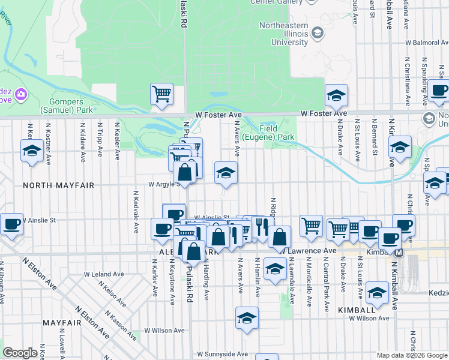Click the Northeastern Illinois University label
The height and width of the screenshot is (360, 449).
coord(284,34)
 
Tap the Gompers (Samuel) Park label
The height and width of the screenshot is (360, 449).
coord(67,106)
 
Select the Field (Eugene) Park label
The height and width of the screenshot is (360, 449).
coord(277,133)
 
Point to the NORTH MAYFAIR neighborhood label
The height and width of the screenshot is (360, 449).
coord(59,185)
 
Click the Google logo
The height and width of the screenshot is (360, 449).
coord(20,353)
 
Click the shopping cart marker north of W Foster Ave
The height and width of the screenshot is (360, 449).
coord(161,94)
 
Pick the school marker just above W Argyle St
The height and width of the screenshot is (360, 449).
coord(226,173)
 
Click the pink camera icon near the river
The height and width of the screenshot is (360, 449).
coord(20,94)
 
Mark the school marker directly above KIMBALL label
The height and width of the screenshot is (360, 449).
coord(377,292)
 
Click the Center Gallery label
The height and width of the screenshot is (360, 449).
coord(277,2)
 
